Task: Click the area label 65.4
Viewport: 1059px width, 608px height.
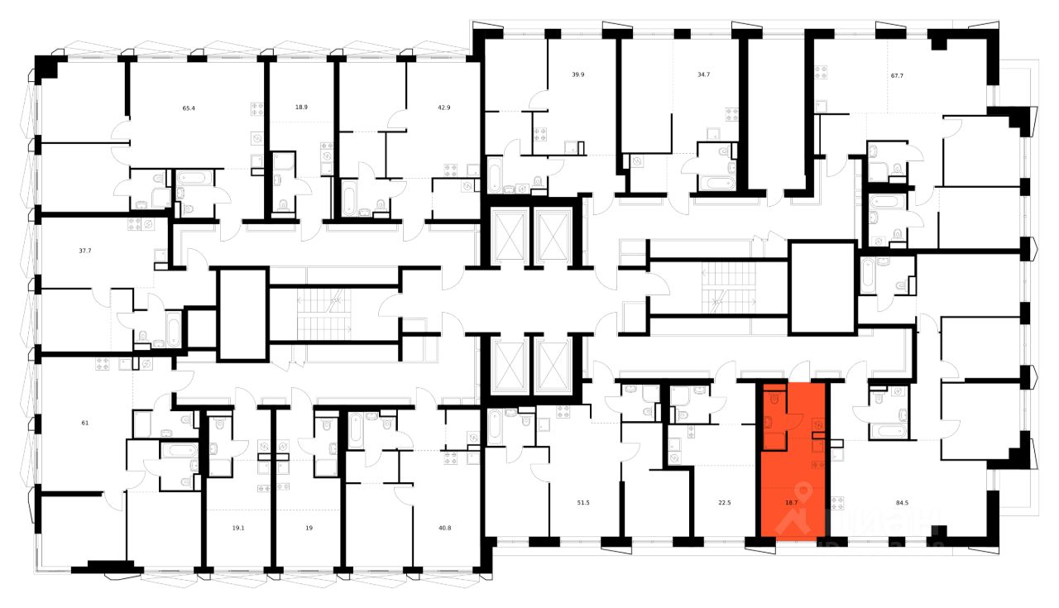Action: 189,108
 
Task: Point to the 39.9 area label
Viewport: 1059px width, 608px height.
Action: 578,74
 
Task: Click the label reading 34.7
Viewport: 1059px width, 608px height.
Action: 704,74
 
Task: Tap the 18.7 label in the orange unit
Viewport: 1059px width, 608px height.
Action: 791,502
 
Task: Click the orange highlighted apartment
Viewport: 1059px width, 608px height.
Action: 793,480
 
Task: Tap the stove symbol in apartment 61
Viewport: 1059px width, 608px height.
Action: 103,362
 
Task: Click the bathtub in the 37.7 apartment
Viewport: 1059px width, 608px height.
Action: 173,329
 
